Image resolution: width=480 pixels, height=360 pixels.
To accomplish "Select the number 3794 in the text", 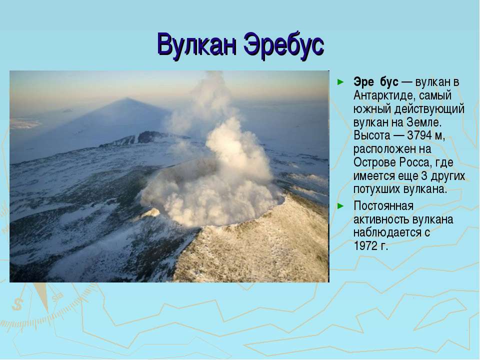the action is pos(419,135).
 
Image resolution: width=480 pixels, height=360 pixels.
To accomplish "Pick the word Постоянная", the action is pos(383,206).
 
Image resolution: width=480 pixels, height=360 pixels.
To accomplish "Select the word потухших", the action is pos(377,189).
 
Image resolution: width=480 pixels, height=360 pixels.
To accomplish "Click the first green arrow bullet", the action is pos(340,82).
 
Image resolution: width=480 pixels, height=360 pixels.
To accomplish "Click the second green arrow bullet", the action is pos(340,206).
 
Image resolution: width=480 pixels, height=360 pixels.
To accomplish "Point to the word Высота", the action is pos(372,135).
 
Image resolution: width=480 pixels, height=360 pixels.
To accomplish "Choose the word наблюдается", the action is pos(387,232).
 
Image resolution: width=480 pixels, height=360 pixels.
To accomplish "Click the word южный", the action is pos(372,109).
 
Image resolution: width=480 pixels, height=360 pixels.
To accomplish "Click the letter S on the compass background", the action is pos(17,304).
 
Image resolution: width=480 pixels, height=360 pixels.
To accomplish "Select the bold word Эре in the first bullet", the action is pos(363,82).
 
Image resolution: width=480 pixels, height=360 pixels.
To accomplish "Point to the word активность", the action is pos(381,219).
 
